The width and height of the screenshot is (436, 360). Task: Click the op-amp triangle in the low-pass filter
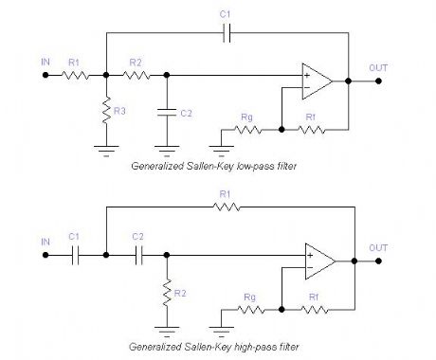317,81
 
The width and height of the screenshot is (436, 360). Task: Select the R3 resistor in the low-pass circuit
106,111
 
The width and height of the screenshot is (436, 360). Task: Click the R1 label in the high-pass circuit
225,194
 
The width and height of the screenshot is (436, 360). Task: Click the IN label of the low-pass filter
45,62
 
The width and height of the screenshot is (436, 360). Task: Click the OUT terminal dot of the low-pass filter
381,81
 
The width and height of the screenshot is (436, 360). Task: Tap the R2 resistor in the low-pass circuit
136,73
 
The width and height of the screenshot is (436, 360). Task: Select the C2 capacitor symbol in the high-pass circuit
137,254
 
